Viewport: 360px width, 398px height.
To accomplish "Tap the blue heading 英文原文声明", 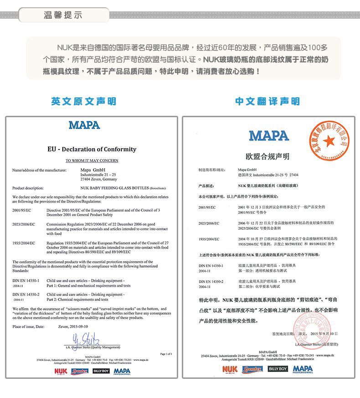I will coord(83,101).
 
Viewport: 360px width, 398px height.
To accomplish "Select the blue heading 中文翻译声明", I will coord(267,101).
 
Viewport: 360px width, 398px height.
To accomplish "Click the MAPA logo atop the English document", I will coord(84,125).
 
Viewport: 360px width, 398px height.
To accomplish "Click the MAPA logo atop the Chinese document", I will coord(269,135).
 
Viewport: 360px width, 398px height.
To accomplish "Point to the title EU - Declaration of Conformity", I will coord(92,149).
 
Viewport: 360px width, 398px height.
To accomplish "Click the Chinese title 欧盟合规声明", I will coord(267,156).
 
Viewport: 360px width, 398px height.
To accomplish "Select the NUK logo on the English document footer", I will coord(61,371).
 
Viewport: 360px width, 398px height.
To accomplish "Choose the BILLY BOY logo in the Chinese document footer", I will coord(278,369).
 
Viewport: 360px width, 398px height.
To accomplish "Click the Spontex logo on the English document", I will coord(80,371).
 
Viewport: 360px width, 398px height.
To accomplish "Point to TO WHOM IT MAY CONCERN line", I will coord(92,160).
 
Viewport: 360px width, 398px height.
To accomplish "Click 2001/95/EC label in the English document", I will coord(22,210).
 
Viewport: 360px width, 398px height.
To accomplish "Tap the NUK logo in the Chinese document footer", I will coord(230,369).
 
